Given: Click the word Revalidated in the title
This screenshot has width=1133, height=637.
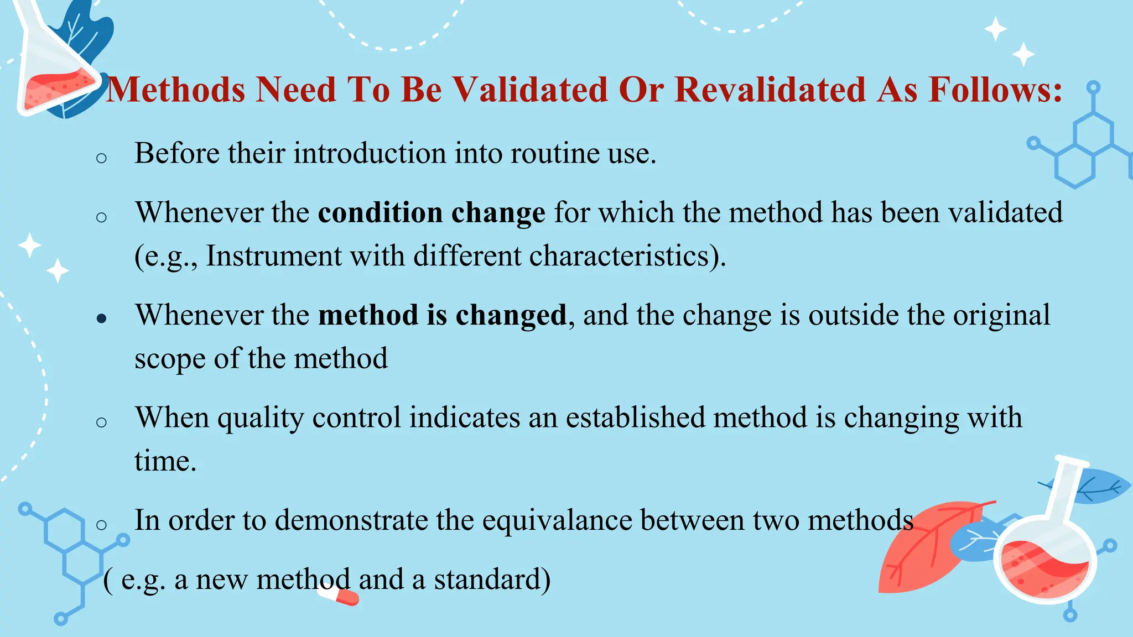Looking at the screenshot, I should click(x=770, y=90).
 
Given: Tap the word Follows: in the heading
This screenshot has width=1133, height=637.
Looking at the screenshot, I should click(x=995, y=90).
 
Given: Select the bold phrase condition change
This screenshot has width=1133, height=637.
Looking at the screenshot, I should click(x=432, y=213).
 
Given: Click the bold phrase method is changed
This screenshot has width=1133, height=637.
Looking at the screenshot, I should click(x=443, y=315).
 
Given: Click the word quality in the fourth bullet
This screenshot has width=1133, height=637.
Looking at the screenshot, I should click(x=261, y=418).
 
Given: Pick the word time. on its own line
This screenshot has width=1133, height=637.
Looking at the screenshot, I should click(x=165, y=461).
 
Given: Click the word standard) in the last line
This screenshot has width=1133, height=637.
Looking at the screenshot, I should click(x=492, y=579).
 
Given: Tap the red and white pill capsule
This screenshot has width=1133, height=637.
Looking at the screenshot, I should click(x=339, y=596).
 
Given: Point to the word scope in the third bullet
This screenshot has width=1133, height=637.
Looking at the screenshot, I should click(x=170, y=359).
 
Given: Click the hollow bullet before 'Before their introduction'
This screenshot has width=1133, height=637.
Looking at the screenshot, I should click(x=101, y=158).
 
